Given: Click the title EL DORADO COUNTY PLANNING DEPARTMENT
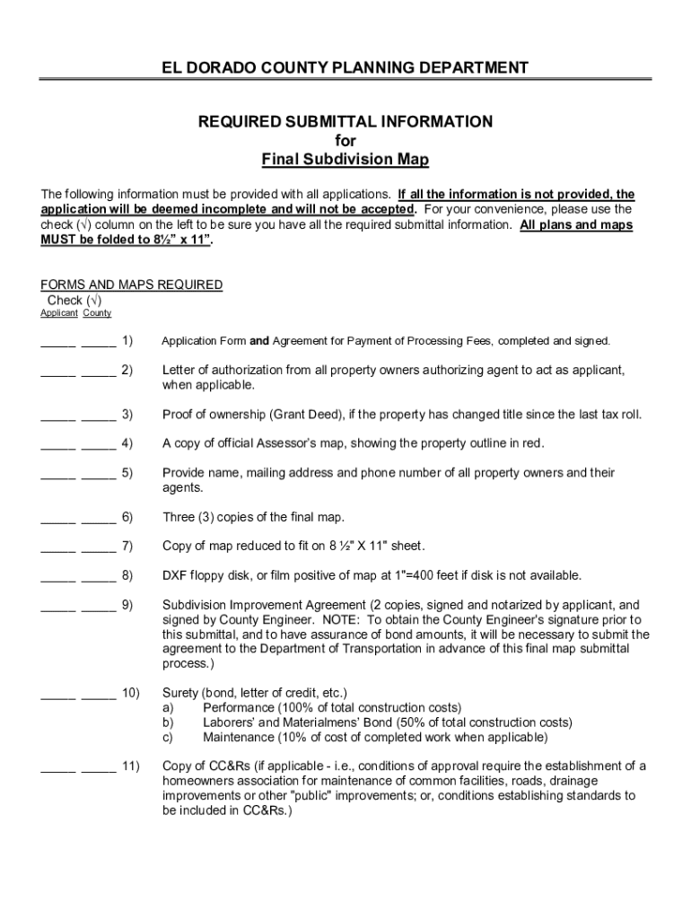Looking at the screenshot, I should (x=345, y=68).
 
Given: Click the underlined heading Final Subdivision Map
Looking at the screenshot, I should (x=345, y=160).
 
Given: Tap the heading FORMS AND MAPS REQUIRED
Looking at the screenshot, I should (x=132, y=284).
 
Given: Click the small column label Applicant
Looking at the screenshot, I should (x=58, y=313).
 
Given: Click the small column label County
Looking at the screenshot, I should (x=97, y=313).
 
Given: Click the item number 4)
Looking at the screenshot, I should (x=127, y=443).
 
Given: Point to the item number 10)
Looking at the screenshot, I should (x=130, y=693).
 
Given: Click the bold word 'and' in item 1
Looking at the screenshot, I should (x=259, y=341).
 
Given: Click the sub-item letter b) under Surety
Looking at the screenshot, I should (x=168, y=722).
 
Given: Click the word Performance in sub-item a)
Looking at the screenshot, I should (x=241, y=708).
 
